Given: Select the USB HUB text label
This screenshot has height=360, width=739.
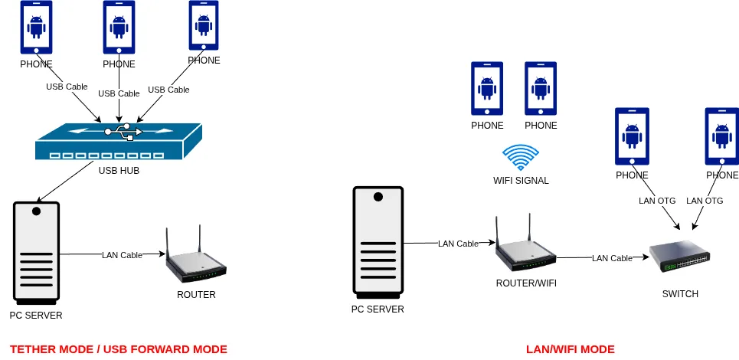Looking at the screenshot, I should point(119,171).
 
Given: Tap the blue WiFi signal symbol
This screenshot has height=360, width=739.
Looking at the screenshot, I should point(521,158).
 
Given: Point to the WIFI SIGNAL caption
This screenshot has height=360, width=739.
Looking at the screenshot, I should point(521,181).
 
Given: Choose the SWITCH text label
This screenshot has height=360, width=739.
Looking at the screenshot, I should point(680,294).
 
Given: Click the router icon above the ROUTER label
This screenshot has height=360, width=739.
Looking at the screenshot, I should point(196,258).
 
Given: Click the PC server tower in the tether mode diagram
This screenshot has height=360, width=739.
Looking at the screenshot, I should point(36,252).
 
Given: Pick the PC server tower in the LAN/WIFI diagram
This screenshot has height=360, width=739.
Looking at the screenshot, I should point(377,242).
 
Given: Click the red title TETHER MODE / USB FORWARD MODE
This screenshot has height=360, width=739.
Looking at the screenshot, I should point(119,349).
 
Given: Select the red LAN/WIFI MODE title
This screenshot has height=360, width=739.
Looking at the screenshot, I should point(570,349).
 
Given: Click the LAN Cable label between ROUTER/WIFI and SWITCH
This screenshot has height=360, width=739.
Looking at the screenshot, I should point(612,258).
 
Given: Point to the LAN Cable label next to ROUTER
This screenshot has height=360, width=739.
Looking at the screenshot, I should point(122,255).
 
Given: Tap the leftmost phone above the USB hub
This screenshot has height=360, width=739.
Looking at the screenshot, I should point(36,28).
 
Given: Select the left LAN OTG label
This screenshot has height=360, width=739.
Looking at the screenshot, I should point(657,201).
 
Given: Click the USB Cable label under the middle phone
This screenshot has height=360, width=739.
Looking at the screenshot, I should point(119,93).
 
